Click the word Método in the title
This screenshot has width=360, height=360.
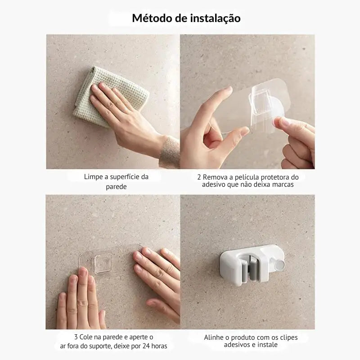click(x=148, y=18)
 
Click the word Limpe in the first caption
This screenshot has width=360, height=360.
click(x=93, y=177)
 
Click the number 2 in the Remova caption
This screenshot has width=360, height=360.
click(x=198, y=177)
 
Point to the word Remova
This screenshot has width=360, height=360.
click(x=216, y=177)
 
